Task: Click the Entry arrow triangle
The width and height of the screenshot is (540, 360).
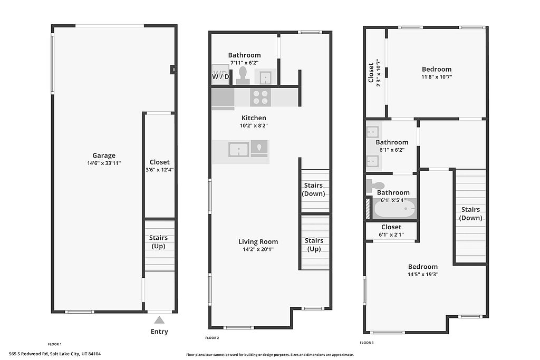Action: click(x=159, y=320)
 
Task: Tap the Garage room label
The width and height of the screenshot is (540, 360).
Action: click(x=104, y=155)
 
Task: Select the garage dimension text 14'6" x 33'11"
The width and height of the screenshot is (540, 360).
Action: click(x=104, y=163)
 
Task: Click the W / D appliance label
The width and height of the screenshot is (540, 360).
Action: click(x=220, y=76)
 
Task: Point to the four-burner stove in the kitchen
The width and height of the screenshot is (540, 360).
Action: click(x=261, y=97)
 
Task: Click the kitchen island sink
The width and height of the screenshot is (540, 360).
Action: click(x=239, y=150)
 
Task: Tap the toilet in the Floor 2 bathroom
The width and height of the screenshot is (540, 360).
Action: click(x=243, y=75)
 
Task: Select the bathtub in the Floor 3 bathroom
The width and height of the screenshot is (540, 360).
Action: click(x=394, y=209)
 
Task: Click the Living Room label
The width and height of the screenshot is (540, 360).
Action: click(x=258, y=241)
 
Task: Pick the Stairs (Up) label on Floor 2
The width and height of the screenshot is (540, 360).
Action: click(x=314, y=245)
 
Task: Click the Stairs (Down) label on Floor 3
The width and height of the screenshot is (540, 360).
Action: click(x=470, y=213)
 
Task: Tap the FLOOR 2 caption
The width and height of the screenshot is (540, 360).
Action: click(x=212, y=338)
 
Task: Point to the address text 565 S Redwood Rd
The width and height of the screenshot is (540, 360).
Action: click(x=28, y=354)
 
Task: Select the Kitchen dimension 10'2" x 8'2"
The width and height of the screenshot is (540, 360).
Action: click(x=254, y=125)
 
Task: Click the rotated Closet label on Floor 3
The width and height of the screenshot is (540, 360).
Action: click(x=371, y=72)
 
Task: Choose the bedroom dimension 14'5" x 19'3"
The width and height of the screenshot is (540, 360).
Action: click(x=423, y=274)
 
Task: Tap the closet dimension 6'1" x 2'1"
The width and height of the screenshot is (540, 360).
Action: click(x=391, y=235)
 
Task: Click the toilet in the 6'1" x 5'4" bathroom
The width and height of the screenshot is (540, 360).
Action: click(x=374, y=185)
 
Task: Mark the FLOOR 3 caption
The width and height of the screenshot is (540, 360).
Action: click(x=367, y=343)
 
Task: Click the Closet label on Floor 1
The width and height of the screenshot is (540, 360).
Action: click(x=159, y=162)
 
